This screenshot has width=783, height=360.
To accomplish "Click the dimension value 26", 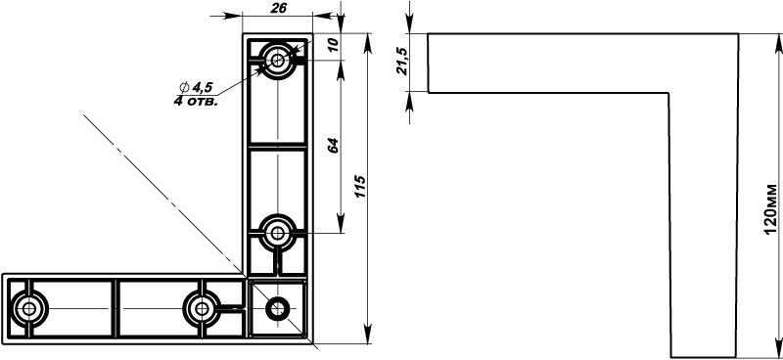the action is (x=279, y=8).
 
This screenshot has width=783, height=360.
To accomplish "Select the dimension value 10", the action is (x=334, y=44).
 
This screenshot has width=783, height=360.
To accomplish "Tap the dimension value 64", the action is (x=334, y=146).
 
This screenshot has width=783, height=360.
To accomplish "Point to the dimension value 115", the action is (x=361, y=186).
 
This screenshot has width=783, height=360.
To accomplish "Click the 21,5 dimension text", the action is (x=402, y=62).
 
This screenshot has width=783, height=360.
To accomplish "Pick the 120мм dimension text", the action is (x=770, y=209).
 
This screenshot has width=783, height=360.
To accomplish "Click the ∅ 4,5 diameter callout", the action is (x=196, y=88).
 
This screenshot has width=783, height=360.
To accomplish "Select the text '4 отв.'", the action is (x=196, y=102).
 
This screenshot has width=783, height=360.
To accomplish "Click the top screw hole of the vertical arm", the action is (x=278, y=61).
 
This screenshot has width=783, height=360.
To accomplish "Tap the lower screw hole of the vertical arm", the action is (x=278, y=233).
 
